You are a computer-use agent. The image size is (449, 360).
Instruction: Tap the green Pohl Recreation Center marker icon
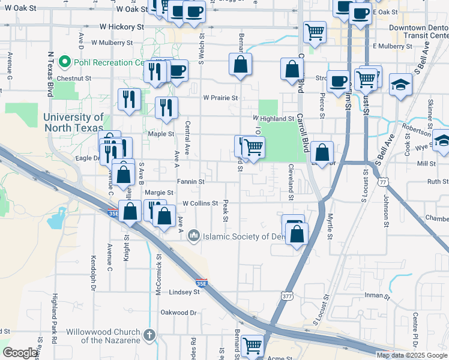tap(64, 62)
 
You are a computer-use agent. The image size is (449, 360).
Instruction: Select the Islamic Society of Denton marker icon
tap(193, 236)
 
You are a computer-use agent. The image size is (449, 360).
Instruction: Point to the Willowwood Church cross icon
tap(149, 335)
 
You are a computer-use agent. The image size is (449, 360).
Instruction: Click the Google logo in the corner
tap(20, 353)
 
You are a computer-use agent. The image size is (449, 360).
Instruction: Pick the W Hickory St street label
tap(122, 27)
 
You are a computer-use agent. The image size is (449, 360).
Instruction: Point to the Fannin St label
tap(190, 181)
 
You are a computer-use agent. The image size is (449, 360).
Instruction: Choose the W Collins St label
tap(200, 203)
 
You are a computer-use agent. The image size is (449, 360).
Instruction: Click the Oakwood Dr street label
tap(178, 313)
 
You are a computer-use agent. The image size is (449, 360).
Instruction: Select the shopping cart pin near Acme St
tap(252, 346)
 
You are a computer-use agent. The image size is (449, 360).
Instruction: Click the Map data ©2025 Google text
tap(412, 355)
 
